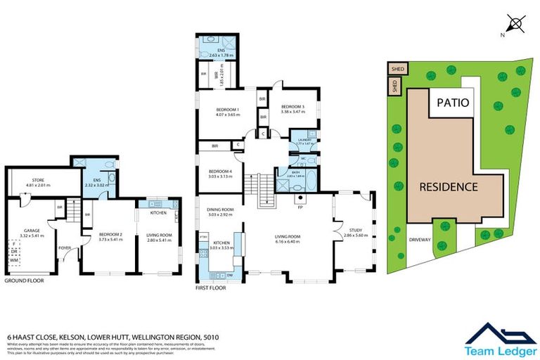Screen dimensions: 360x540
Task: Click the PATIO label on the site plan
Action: pyautogui.click(x=452, y=103)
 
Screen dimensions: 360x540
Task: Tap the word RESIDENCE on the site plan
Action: pyautogui.click(x=449, y=187)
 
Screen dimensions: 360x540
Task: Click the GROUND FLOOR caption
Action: pyautogui.click(x=25, y=280)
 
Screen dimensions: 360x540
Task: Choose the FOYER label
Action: pyautogui.click(x=65, y=247)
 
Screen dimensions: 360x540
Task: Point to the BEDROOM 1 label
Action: pyautogui.click(x=228, y=110)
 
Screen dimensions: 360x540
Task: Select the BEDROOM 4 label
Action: pyautogui.click(x=220, y=172)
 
